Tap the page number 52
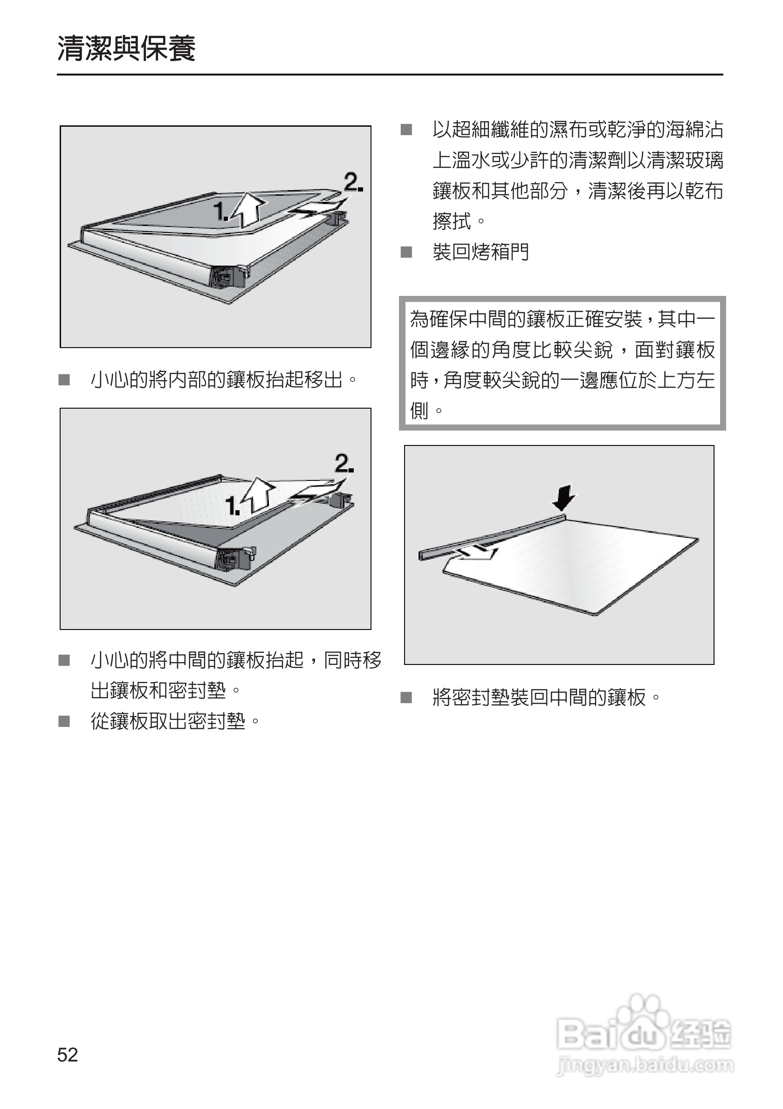[x=67, y=1054]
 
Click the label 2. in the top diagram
[x=353, y=183]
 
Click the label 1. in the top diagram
[x=221, y=211]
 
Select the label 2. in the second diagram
[x=344, y=464]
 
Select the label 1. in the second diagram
[x=233, y=506]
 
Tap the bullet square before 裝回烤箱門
[x=406, y=252]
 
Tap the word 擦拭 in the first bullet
[x=452, y=222]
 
